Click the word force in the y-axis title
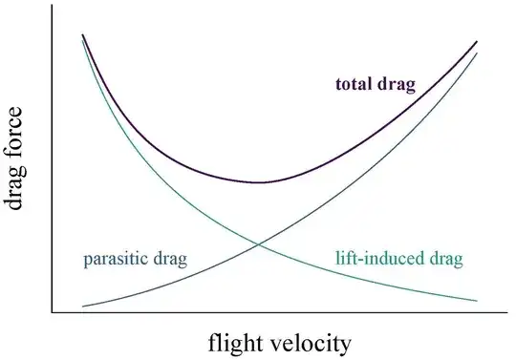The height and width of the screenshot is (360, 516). click(16, 149)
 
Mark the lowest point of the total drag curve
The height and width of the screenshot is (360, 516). click(259, 181)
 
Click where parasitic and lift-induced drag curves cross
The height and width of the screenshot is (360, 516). click(258, 244)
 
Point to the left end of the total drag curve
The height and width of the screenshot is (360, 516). click(83, 34)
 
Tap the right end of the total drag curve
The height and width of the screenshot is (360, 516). click(477, 42)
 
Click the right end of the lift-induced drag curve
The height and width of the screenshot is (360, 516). click(477, 302)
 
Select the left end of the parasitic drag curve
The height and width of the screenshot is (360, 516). click(83, 307)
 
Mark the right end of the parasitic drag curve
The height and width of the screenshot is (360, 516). click(477, 53)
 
